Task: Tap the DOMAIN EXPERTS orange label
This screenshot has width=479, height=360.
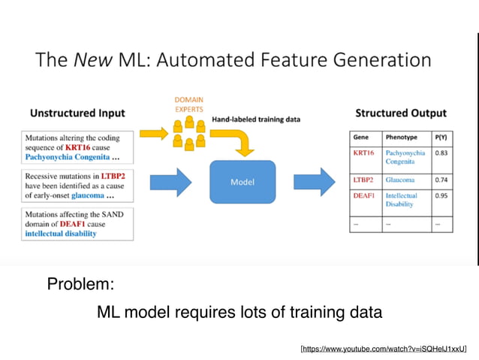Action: (x=188, y=104)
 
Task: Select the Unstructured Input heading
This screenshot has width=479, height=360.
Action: (x=77, y=113)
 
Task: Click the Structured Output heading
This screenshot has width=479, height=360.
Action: (x=400, y=113)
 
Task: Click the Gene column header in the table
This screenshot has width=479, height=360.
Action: (x=361, y=138)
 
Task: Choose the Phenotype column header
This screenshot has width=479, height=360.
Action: (x=401, y=138)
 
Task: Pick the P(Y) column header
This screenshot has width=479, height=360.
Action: (x=442, y=138)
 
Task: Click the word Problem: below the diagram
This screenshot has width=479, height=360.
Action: (x=80, y=285)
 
